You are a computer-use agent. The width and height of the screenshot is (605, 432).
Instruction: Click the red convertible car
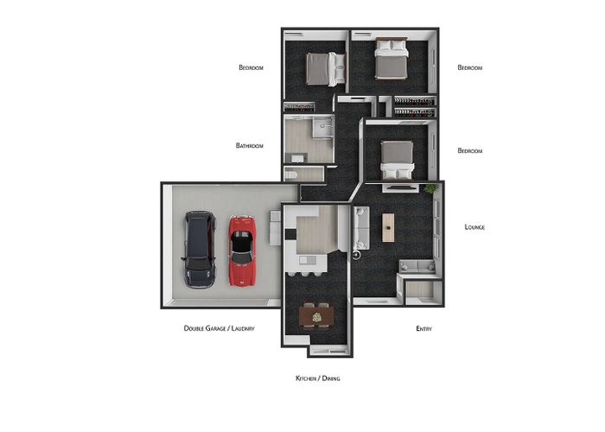click(242, 251)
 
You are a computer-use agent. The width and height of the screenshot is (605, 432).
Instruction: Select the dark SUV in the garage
click(199, 249)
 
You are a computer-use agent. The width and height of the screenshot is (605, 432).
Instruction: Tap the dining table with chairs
click(316, 317)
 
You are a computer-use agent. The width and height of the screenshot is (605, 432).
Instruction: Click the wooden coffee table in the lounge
click(388, 227)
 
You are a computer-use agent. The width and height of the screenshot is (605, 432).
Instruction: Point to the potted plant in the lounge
click(430, 188)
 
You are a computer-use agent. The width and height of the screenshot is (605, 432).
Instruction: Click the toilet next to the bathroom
click(291, 175)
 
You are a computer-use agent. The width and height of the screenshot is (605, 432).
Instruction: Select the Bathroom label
click(250, 146)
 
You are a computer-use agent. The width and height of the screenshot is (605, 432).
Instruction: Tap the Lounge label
click(474, 227)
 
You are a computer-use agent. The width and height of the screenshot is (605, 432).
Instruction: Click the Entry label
click(424, 328)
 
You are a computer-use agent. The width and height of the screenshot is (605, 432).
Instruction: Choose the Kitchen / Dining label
click(318, 378)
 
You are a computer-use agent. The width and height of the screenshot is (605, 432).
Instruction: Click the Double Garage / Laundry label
click(220, 328)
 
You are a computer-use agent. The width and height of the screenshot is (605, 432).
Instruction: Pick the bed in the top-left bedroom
click(326, 69)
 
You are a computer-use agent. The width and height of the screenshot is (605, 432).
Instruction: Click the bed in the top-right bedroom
click(392, 59)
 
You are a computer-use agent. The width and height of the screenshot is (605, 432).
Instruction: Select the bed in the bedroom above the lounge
click(397, 160)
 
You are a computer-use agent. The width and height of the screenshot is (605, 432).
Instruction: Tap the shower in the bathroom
click(323, 126)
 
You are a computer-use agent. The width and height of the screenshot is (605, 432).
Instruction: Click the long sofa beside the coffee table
click(361, 228)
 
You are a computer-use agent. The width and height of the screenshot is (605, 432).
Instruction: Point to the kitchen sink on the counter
click(308, 260)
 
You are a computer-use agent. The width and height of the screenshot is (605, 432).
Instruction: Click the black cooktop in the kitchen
click(290, 234)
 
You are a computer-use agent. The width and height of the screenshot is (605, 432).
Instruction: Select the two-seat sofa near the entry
click(417, 266)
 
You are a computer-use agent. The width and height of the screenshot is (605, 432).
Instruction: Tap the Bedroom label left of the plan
click(252, 67)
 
